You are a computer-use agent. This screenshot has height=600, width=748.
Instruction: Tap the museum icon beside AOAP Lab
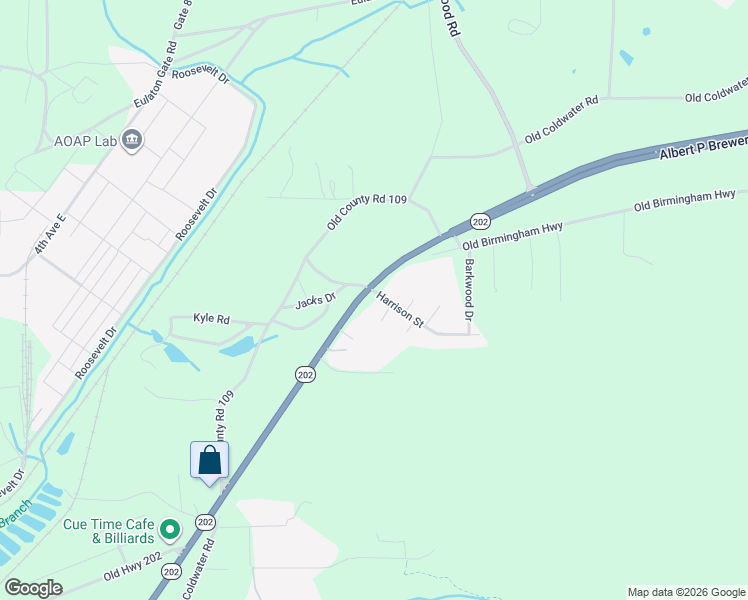(132, 141)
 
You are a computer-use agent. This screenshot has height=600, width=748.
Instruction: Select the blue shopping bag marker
(209, 461)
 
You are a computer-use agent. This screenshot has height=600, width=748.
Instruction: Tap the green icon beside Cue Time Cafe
(170, 529)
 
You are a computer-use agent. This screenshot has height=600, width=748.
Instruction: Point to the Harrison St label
(400, 309)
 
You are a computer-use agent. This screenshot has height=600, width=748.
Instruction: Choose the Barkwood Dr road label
(469, 290)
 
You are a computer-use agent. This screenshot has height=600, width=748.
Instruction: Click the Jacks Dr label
(313, 302)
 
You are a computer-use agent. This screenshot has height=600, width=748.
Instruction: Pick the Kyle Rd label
(212, 320)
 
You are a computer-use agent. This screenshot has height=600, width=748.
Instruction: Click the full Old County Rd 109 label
(366, 213)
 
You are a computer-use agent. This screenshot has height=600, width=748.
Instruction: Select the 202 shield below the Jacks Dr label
(306, 374)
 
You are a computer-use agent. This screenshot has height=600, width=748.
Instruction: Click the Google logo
(33, 587)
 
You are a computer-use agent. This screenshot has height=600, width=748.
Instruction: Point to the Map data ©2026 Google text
(685, 592)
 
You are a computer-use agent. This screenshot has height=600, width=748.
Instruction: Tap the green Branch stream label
(15, 519)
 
